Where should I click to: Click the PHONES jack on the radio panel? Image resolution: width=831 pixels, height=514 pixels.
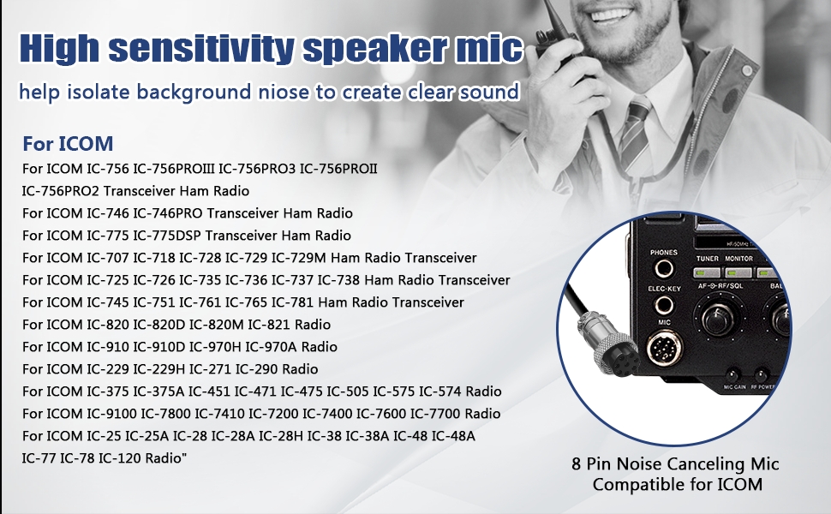pyautogui.click(x=664, y=269)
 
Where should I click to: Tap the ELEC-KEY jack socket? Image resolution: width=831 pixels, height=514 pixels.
pyautogui.click(x=664, y=305)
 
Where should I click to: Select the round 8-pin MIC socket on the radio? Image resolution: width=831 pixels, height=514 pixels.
pyautogui.click(x=664, y=348)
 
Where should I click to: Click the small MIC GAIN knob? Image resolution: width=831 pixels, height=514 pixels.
pyautogui.click(x=734, y=374)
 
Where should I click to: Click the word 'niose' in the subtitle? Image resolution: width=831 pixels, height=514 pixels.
pyautogui.click(x=283, y=93)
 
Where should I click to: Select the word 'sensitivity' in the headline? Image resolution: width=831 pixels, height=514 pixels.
pyautogui.click(x=201, y=48)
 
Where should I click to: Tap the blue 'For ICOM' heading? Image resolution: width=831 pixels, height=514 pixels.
pyautogui.click(x=68, y=144)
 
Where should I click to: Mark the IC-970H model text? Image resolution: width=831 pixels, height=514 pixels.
pyautogui.click(x=215, y=347)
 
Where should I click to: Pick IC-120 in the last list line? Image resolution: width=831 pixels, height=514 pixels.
pyautogui.click(x=120, y=457)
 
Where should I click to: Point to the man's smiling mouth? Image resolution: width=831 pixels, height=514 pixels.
pyautogui.click(x=608, y=13)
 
